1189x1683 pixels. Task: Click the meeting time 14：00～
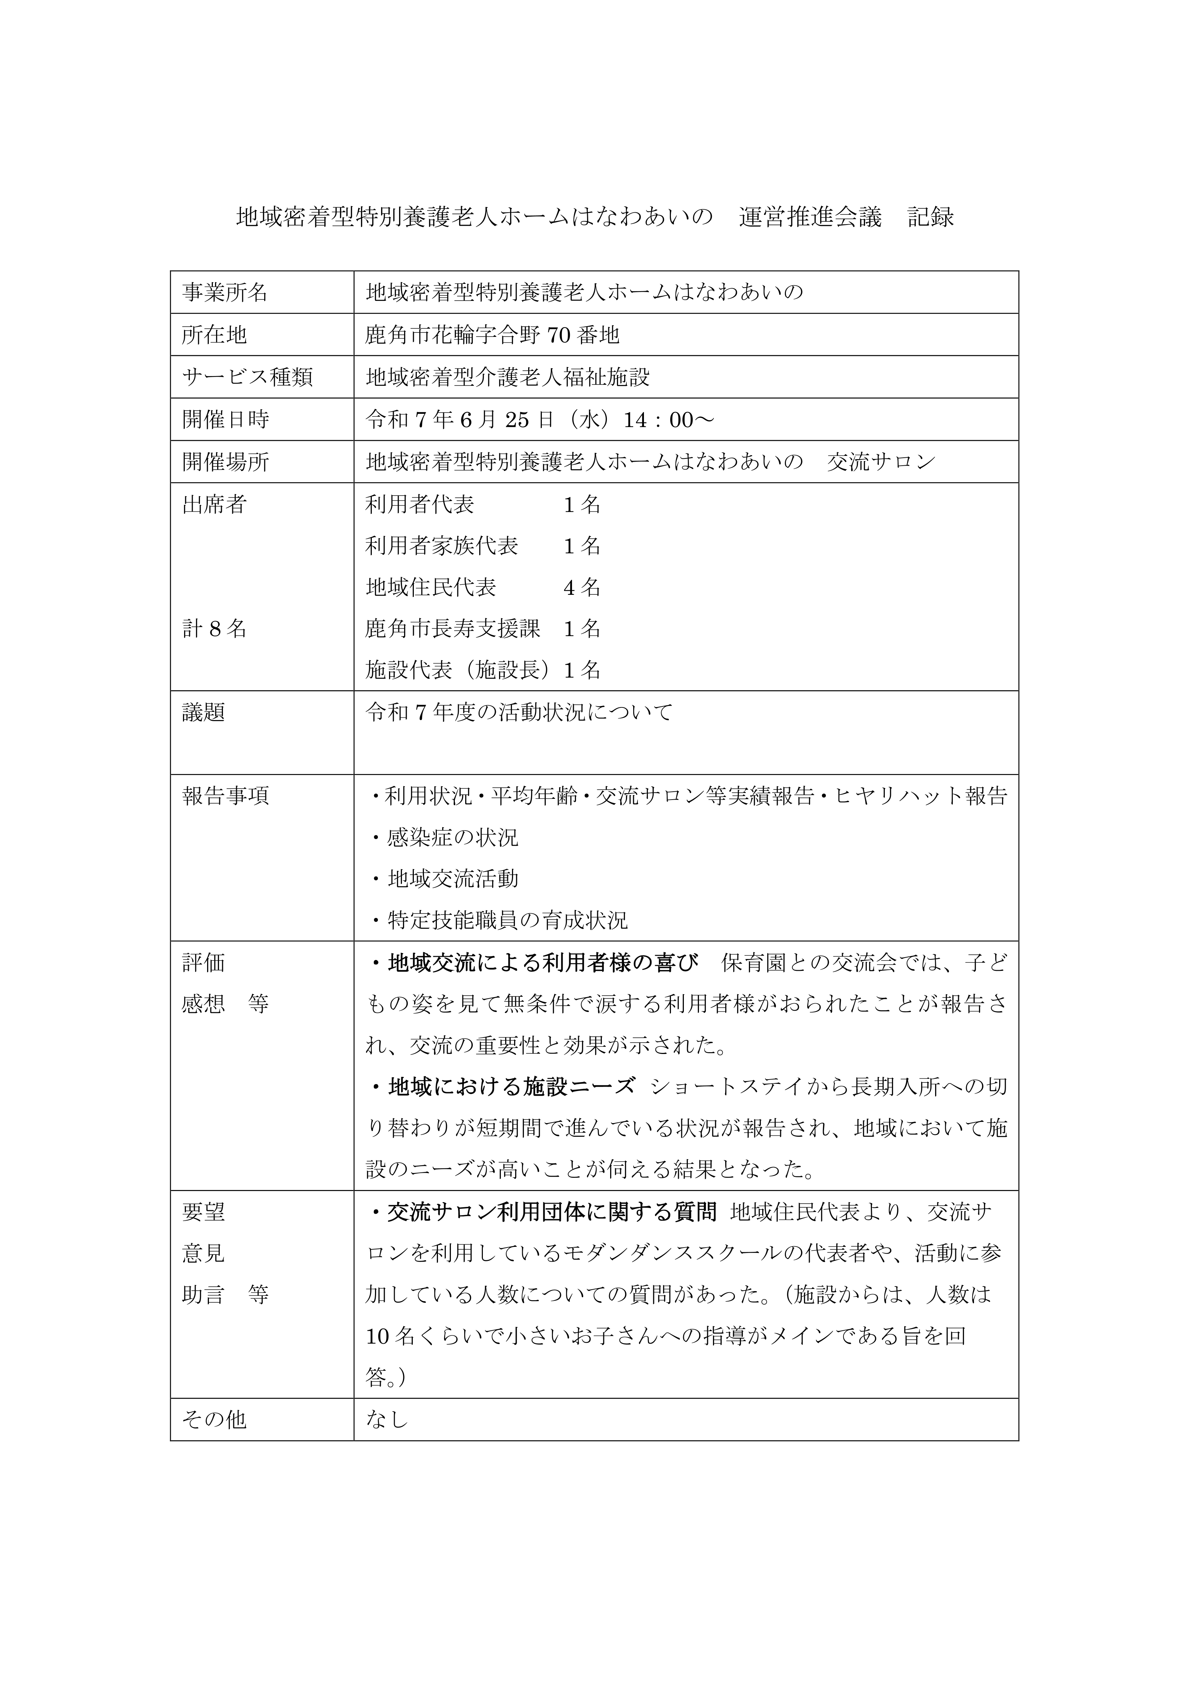(668, 420)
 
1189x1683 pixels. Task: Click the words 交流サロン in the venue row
(881, 462)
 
